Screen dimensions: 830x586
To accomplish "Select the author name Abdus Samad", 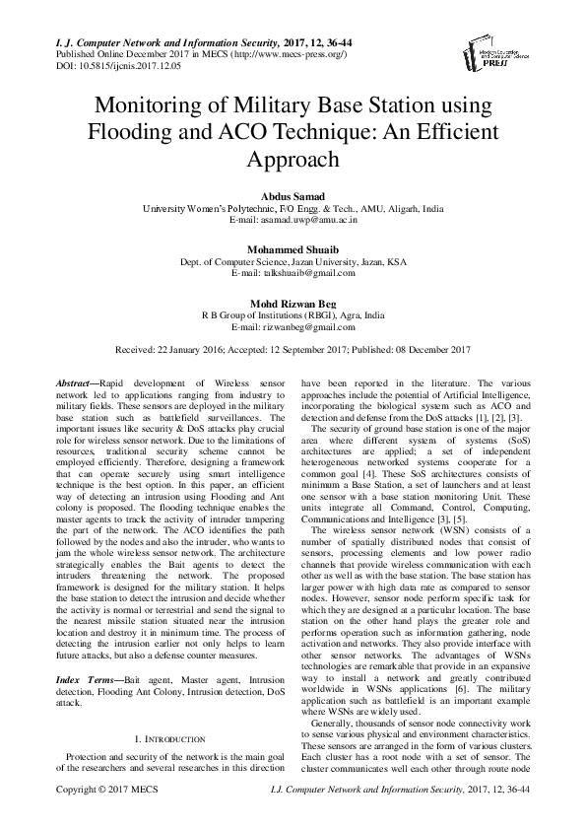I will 293,197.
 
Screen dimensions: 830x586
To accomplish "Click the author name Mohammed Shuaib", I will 293,251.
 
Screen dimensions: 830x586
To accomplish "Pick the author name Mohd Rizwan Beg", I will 293,305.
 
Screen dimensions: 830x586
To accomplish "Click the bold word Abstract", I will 72,381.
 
